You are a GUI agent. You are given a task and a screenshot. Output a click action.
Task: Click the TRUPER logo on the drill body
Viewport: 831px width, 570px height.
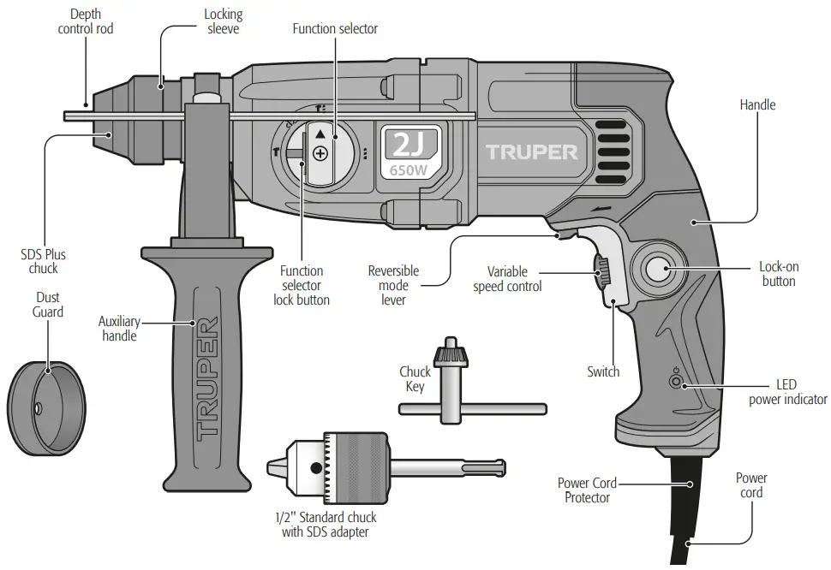(x=532, y=152)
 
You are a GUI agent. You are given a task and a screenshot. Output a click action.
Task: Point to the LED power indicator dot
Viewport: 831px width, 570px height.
(x=683, y=383)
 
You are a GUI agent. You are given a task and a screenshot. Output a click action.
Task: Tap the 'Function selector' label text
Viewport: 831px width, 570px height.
(x=335, y=28)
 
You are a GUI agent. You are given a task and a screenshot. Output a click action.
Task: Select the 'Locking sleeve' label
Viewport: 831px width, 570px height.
(x=224, y=21)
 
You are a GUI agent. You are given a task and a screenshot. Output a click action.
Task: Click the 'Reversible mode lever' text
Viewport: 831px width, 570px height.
(x=393, y=285)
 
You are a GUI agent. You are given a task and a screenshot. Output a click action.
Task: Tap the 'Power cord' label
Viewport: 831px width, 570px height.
(x=750, y=485)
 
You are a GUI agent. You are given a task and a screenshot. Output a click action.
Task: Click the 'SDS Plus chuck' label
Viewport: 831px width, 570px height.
(x=43, y=261)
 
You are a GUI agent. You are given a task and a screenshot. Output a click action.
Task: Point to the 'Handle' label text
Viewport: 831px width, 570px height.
(x=757, y=104)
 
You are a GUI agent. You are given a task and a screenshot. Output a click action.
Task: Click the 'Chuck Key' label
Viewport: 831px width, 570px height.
(x=415, y=379)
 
